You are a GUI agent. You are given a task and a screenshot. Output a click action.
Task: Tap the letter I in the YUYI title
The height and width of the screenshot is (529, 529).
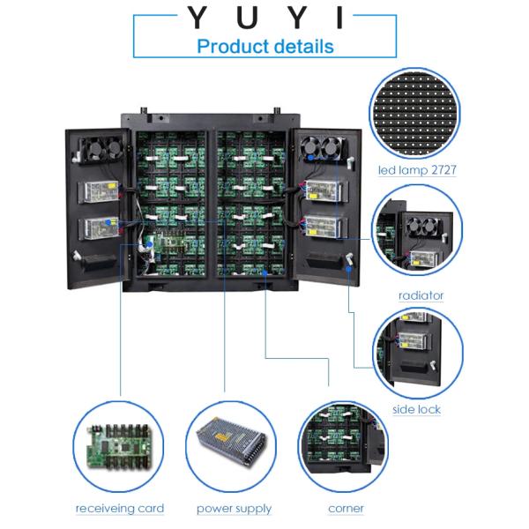point(336,18)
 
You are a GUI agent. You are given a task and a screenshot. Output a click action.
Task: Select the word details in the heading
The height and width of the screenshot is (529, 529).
point(303,46)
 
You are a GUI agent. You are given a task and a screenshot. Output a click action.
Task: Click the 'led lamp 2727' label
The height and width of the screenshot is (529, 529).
point(417,170)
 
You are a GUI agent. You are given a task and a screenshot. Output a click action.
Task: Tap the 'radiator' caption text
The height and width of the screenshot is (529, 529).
point(421,295)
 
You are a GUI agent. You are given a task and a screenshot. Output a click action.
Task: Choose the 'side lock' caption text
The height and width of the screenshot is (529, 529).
point(416,409)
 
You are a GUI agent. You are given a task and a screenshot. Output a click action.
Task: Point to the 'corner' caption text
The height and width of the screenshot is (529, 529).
point(346,509)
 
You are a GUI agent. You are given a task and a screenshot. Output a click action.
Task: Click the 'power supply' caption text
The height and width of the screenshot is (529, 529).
point(234,509)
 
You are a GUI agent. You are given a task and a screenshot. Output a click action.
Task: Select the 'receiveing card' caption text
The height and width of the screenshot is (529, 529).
point(119,509)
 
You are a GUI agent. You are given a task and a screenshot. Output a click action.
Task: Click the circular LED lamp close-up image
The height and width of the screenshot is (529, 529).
point(416,111)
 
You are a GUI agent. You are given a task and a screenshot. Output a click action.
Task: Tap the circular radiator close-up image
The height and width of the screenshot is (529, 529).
point(417,236)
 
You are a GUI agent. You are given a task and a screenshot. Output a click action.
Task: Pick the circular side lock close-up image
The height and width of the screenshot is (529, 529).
point(417,350)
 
